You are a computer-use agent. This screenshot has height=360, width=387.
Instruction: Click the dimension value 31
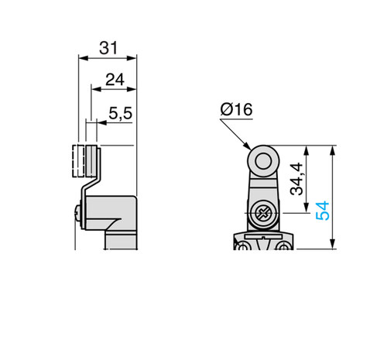[108, 48]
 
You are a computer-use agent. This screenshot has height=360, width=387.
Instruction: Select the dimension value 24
[115, 80]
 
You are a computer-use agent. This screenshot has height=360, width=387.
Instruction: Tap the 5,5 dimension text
[121, 113]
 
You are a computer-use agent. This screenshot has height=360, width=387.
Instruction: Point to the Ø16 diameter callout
[236, 109]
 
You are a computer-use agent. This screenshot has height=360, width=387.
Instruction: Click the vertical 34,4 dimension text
[296, 179]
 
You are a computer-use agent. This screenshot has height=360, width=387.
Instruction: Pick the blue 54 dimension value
[323, 211]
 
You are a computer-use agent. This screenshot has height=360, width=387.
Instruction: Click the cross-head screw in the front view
[263, 214]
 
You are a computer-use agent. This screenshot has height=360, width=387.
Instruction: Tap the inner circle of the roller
[263, 162]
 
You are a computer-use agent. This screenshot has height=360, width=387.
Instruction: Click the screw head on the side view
[77, 213]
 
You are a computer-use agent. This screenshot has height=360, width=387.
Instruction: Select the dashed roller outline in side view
[78, 161]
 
